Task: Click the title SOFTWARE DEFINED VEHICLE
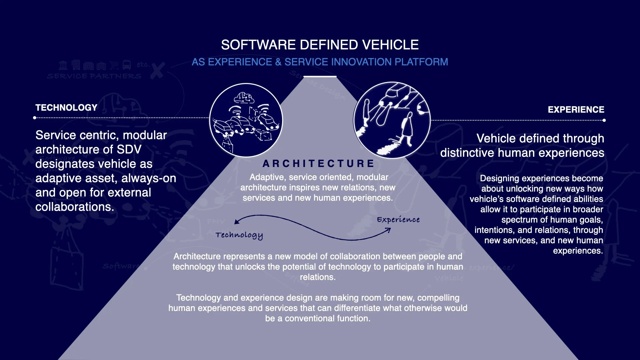(320, 45)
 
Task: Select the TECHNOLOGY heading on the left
(66, 108)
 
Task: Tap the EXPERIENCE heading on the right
(576, 110)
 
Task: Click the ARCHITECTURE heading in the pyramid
(318, 164)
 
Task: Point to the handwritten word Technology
(239, 235)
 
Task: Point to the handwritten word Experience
(398, 220)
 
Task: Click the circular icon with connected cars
(246, 120)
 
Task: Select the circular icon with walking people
(392, 120)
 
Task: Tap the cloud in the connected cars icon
(244, 98)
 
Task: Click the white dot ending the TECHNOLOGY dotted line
(35, 118)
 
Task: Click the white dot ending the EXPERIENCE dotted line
(604, 120)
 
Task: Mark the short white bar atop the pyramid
(320, 77)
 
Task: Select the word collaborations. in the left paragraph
(75, 207)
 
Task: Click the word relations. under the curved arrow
(317, 277)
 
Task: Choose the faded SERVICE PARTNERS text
(94, 76)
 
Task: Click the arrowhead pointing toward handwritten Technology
(236, 222)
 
